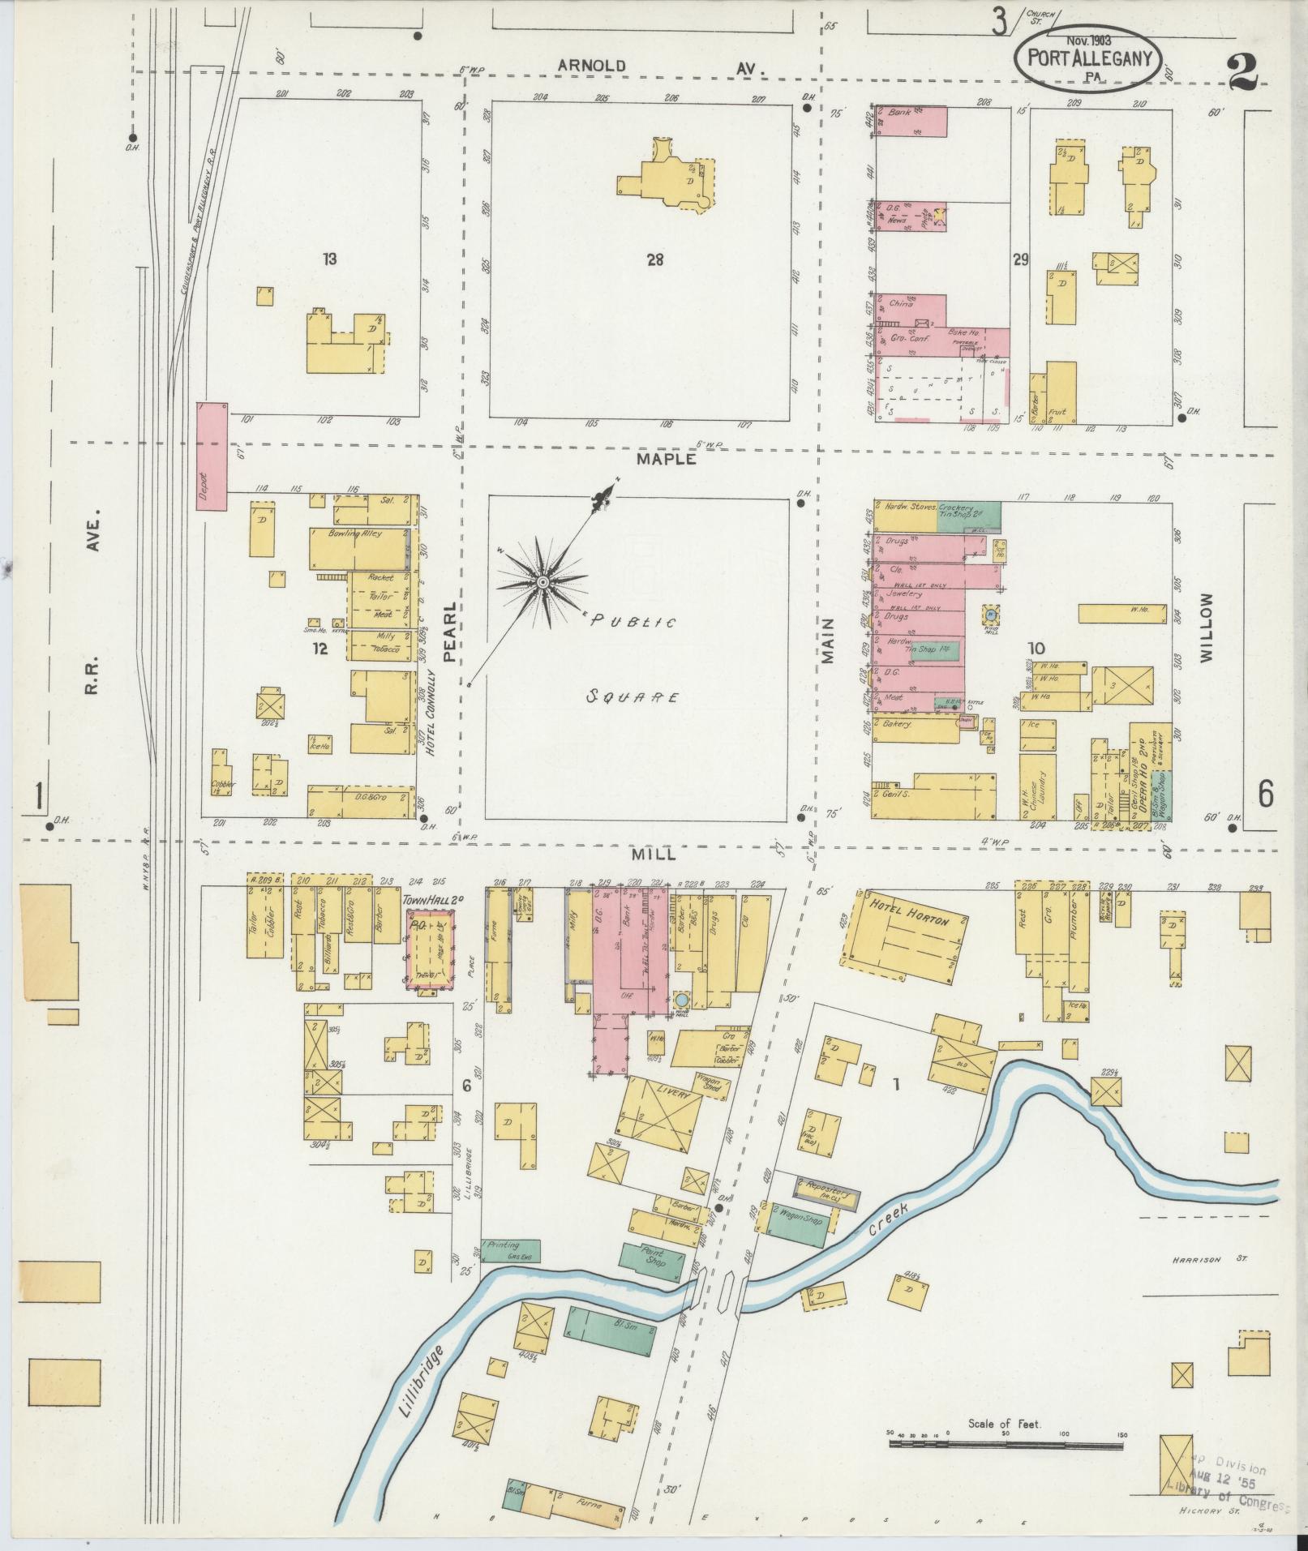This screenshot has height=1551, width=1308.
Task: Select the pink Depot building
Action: click(x=212, y=456)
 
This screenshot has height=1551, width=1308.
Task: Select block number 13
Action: click(x=328, y=259)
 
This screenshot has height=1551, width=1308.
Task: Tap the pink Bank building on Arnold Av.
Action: click(x=910, y=120)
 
